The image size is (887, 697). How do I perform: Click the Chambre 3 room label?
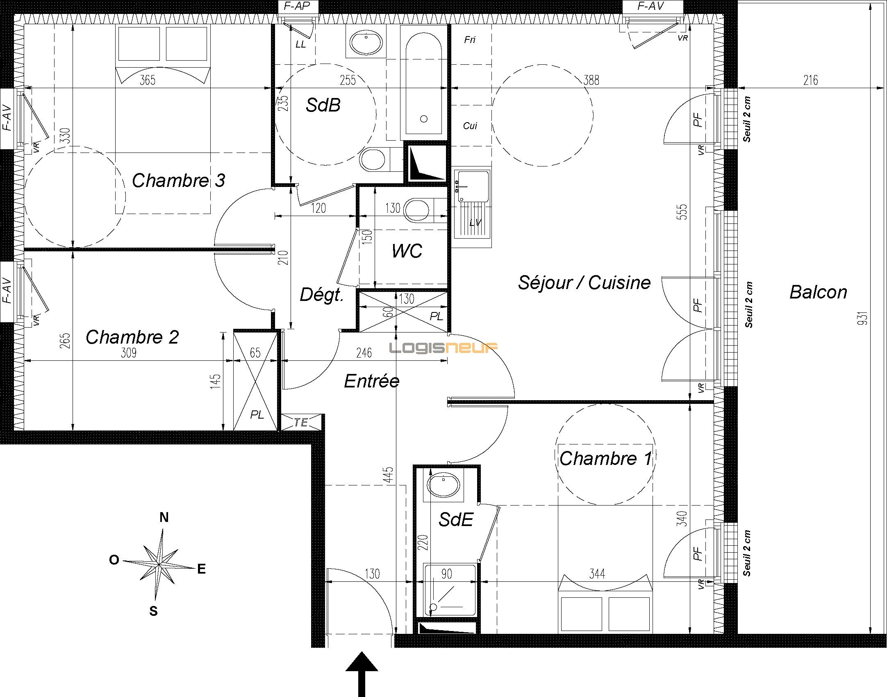point(178,180)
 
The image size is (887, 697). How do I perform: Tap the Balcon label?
point(818,292)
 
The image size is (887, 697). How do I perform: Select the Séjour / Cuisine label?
point(584,282)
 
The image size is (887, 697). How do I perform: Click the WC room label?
point(407,251)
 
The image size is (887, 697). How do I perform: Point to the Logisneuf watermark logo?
point(443,348)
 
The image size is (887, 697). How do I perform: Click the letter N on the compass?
point(164,518)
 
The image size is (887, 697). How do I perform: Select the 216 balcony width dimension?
point(810,80)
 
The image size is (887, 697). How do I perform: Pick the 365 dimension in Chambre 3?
point(148,80)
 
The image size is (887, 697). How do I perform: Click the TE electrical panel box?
point(301,422)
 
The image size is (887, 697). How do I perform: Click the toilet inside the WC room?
point(418,210)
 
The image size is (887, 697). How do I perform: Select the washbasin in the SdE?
point(443,485)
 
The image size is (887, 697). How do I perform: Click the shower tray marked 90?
point(450,590)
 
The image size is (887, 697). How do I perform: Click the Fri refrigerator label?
point(470,40)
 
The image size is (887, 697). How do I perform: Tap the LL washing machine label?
point(300,44)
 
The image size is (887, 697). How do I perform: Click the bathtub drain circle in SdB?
point(424,119)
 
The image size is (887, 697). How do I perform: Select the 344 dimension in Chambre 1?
point(597,574)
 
